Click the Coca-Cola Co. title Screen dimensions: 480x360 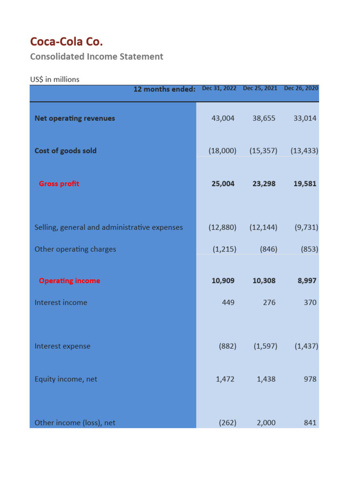click(66, 42)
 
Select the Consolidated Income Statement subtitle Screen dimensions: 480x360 click(97, 57)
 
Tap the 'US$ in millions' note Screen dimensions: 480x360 click(55, 79)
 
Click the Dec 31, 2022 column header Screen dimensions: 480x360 click(219, 88)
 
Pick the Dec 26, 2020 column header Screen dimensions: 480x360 click(301, 88)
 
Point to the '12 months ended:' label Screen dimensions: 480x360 click(164, 89)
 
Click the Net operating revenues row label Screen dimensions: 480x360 click(75, 118)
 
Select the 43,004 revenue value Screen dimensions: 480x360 click(223, 118)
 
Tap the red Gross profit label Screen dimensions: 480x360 click(59, 183)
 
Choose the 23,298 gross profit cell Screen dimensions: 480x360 click(264, 183)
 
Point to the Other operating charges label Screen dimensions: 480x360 click(75, 249)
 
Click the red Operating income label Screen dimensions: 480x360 click(69, 280)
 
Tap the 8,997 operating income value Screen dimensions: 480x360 click(307, 280)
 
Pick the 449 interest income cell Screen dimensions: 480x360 click(228, 302)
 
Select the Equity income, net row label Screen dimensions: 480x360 click(66, 379)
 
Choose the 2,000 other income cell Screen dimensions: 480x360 click(266, 422)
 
